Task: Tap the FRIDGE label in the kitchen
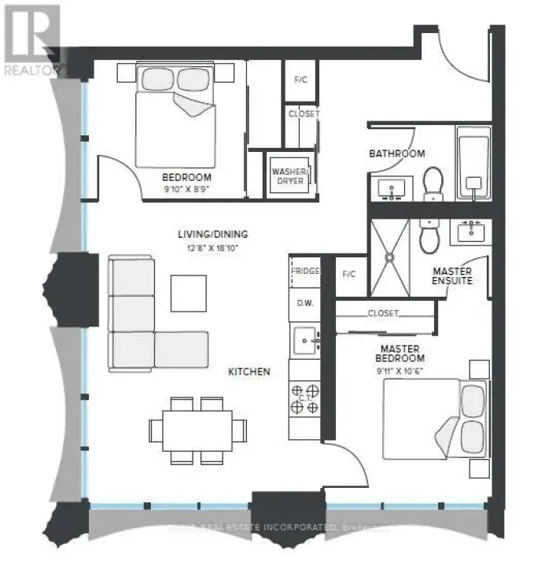pos(305,272)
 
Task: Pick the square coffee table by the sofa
pos(189,292)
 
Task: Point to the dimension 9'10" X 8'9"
pos(186,190)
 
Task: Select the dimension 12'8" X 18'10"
pos(212,246)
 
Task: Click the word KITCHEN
pos(249,371)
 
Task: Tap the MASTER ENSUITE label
pos(452,276)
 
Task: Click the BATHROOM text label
pos(397,153)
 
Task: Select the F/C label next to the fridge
pos(349,275)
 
